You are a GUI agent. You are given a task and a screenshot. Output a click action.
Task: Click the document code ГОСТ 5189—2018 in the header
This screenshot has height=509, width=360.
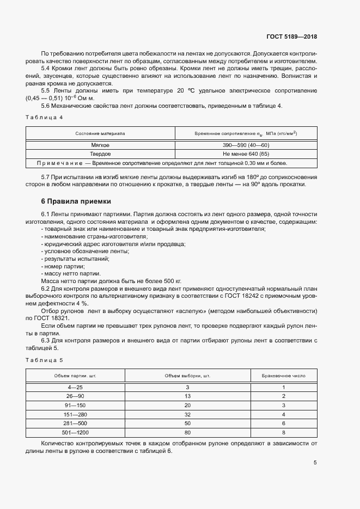[291, 37]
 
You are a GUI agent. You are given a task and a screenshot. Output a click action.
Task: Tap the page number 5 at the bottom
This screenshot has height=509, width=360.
[315, 463]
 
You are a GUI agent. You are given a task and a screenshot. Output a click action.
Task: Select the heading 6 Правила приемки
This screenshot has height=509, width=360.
[76, 201]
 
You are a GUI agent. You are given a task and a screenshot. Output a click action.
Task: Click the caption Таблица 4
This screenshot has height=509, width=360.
[45, 118]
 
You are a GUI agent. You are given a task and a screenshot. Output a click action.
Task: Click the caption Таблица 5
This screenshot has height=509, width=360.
[45, 360]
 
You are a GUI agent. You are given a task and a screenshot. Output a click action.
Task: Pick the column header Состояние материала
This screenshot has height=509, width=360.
[100, 133]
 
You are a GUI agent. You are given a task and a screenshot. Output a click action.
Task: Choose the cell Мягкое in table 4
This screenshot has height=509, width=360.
[100, 145]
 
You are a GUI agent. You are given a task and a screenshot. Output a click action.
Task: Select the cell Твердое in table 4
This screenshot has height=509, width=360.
[100, 154]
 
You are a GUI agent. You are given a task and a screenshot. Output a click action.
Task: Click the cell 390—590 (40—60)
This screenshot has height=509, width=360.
[246, 145]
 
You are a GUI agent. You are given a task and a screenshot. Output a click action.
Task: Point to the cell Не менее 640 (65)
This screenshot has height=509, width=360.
[246, 154]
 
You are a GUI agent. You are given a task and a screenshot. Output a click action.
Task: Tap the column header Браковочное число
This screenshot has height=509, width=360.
[284, 376]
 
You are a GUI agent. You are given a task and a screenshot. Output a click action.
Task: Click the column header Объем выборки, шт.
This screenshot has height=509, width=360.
[187, 376]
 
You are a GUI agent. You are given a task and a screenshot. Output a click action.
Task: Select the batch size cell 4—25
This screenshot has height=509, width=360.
[76, 387]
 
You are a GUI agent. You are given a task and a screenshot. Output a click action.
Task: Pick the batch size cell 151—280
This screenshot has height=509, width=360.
[76, 414]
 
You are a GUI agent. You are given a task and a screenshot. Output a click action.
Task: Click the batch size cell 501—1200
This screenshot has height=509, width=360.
[76, 432]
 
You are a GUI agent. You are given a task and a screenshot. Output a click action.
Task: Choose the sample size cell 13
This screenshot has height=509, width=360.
[187, 396]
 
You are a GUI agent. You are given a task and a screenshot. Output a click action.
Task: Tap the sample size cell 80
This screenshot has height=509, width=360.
[187, 432]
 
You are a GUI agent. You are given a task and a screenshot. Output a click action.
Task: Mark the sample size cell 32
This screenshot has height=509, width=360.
[187, 414]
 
